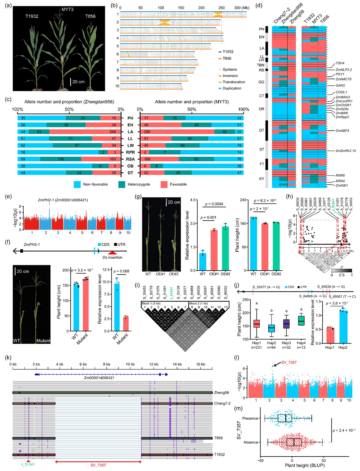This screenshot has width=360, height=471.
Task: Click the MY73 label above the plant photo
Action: (x=68, y=9)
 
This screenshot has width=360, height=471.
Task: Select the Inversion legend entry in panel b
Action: (x=230, y=76)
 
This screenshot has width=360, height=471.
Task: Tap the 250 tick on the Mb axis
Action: (x=222, y=8)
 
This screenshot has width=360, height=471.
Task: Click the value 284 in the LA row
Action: (x=113, y=132)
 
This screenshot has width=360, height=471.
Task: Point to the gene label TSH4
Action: (x=340, y=63)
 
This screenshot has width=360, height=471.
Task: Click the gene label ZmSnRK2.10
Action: (x=346, y=151)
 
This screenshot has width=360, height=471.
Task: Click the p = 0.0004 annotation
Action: (x=214, y=204)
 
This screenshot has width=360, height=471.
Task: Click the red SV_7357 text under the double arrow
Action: (x=98, y=465)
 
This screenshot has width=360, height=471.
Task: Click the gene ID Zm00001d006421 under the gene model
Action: (x=99, y=378)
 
